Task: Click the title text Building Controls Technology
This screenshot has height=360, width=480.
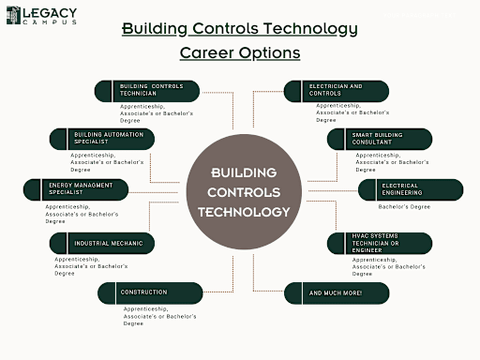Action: (x=240, y=28)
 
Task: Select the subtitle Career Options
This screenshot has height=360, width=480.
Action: (x=239, y=52)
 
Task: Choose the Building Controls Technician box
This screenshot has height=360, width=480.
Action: (x=148, y=91)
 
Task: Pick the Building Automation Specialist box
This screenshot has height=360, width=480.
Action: (x=102, y=139)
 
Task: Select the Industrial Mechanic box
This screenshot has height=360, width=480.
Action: (x=102, y=243)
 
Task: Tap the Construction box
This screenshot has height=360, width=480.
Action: (x=149, y=292)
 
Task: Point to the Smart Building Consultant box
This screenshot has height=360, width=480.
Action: (x=380, y=139)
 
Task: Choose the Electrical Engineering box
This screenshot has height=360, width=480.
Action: (x=410, y=189)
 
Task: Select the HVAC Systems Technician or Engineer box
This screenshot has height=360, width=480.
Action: (x=380, y=243)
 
